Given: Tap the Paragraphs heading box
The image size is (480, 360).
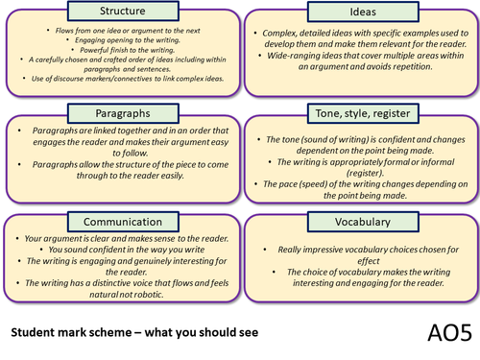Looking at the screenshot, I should pyautogui.click(x=115, y=113).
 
